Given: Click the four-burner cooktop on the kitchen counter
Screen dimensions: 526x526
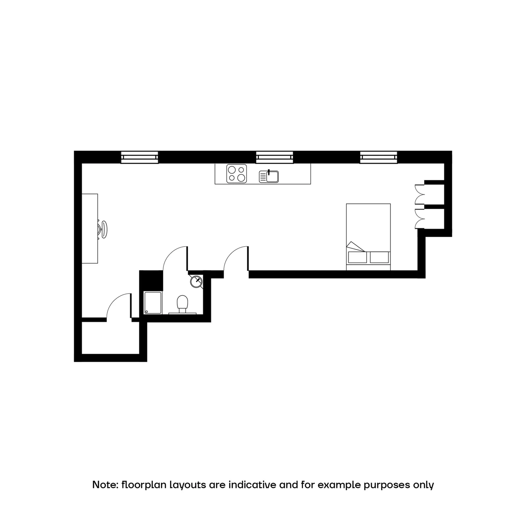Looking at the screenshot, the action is (236, 174).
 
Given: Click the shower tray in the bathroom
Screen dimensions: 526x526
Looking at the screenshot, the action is (153, 303).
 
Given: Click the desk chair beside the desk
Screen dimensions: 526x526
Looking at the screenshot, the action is (103, 229).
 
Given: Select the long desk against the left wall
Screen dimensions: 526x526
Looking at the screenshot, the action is (90, 228).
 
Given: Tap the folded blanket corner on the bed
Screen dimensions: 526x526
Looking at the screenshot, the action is (355, 247).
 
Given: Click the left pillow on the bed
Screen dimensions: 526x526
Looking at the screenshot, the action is (357, 257).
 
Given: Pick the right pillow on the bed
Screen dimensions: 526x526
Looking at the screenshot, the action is (379, 257).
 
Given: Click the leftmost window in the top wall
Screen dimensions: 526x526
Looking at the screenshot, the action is (139, 157).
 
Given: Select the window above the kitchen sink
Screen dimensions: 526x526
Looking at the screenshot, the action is (275, 157).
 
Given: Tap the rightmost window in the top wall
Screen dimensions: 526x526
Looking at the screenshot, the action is (378, 157).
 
